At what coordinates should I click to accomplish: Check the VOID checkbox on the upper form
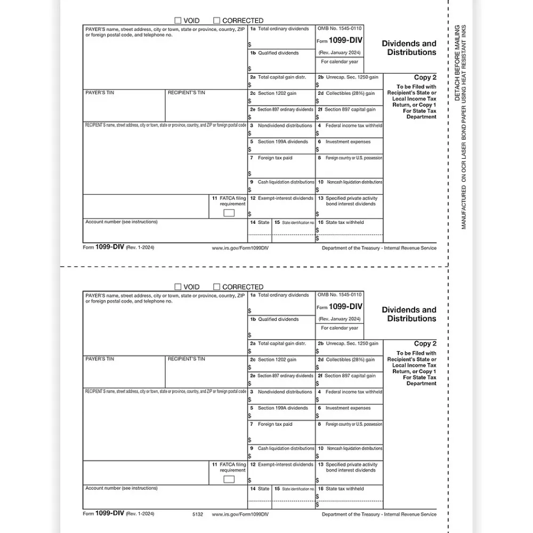(177, 21)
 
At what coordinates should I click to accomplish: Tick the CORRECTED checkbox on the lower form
(217, 287)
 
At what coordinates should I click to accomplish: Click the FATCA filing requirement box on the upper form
(229, 213)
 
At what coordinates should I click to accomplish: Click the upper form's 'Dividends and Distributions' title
(409, 48)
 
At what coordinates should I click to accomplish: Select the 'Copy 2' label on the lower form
(425, 344)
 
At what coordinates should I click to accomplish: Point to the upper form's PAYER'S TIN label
(100, 93)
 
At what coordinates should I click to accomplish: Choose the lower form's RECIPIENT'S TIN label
(186, 359)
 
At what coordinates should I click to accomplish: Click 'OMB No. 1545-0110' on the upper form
(340, 29)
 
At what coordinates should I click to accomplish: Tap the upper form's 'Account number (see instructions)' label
(122, 222)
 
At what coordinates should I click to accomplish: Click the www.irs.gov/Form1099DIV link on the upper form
(240, 248)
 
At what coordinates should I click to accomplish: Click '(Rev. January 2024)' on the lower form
(340, 319)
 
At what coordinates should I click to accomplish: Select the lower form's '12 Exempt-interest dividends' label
(282, 464)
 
